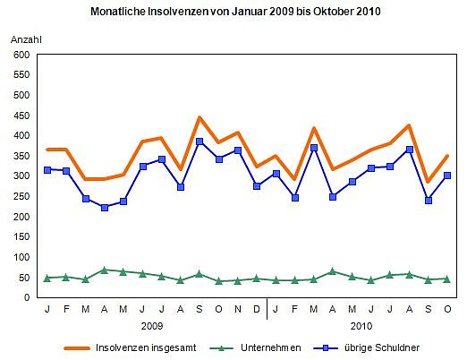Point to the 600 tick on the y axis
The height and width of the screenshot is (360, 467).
[x=20, y=55]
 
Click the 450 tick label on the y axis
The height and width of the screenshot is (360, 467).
[x=20, y=116]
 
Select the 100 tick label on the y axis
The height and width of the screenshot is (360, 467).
[x=20, y=257]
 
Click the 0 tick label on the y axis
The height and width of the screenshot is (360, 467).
[x=26, y=297]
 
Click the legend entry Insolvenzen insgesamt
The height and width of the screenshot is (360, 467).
[x=143, y=346]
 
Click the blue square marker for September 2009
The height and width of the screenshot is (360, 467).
[x=200, y=141]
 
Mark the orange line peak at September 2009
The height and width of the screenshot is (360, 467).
[x=200, y=117]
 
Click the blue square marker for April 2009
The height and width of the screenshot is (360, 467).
[x=105, y=208]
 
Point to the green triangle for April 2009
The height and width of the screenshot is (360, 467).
[x=105, y=270]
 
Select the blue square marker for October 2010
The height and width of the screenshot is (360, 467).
[x=447, y=176]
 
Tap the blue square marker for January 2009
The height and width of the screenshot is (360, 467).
[x=47, y=170]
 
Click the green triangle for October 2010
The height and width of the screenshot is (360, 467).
[x=447, y=279]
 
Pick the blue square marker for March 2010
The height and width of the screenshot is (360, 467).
[x=314, y=148]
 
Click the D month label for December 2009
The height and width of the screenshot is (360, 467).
[x=257, y=309]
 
